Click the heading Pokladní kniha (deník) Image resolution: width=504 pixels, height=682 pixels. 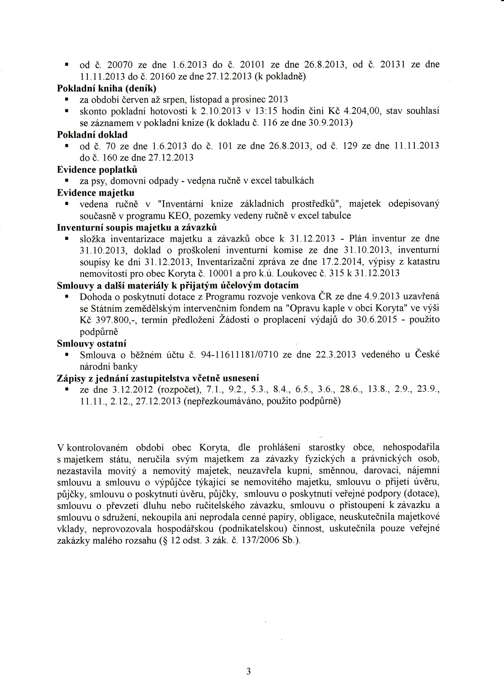[106, 88]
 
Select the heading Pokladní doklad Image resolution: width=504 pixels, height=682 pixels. [92, 135]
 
